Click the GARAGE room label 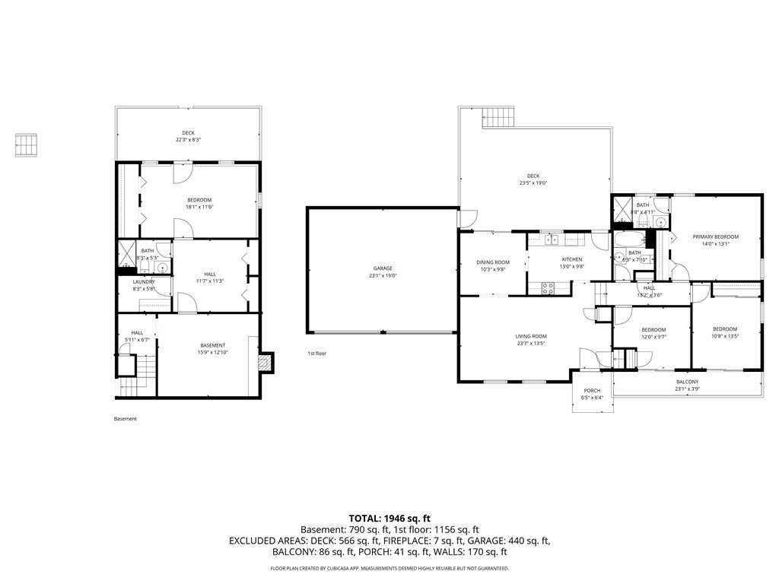pos(383,268)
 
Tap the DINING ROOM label pos(492,262)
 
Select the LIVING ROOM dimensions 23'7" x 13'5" pos(531,344)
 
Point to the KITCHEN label pos(571,259)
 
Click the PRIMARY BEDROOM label pos(715,236)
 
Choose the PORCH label pos(592,390)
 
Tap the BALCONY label pos(687,382)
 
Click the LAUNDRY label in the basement pos(144,281)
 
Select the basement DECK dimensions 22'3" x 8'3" pos(188,140)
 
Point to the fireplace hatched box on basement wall pos(265,363)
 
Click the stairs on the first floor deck pos(499,117)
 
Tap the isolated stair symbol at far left pos(27,145)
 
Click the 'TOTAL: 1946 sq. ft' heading pos(389,518)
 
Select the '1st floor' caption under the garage pos(316,354)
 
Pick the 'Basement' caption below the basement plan pos(125,419)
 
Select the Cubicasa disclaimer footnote pos(389,568)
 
